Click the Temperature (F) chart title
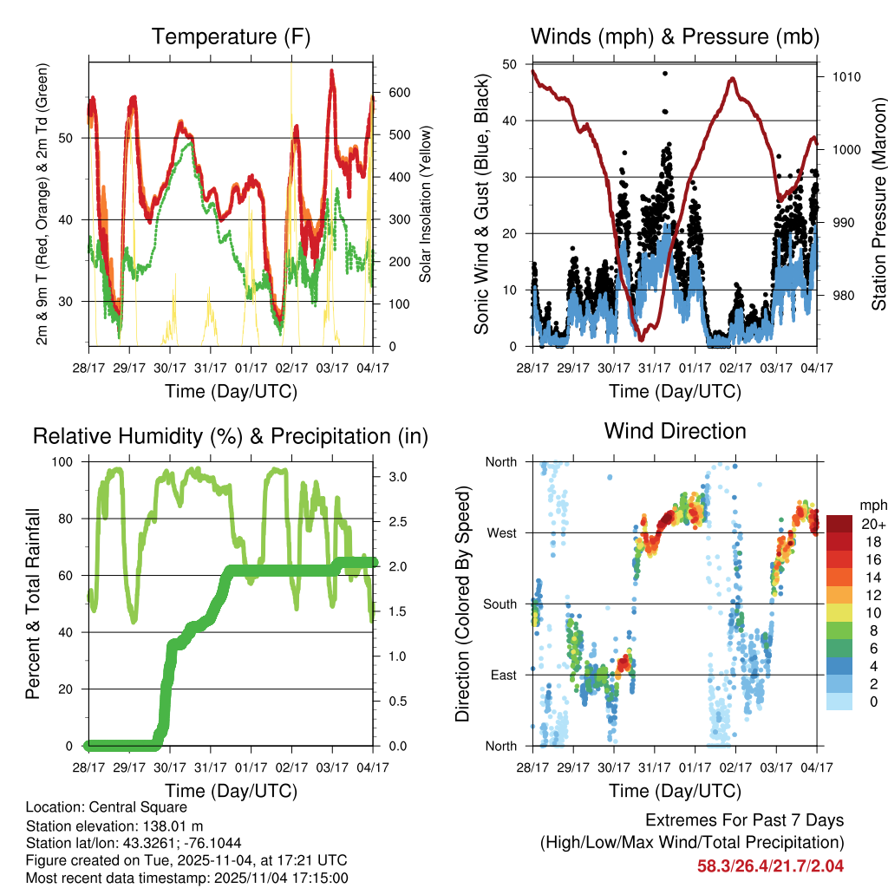tap(231, 37)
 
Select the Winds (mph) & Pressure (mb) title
tap(675, 37)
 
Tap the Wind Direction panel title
tap(675, 431)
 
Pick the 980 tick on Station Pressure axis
tap(841, 296)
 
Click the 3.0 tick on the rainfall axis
tap(395, 477)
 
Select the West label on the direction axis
tap(500, 533)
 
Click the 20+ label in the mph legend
tap(872, 524)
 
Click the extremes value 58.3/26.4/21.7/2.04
tap(770, 865)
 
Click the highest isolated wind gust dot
tap(664, 75)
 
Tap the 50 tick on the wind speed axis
tap(510, 64)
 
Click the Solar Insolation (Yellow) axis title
tap(426, 205)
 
